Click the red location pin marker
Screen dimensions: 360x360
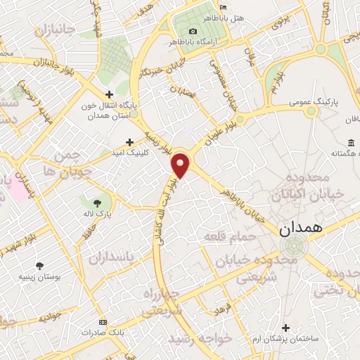(x=181, y=165)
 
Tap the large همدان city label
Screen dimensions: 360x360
(x=300, y=228)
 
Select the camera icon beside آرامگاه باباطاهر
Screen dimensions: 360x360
(x=193, y=31)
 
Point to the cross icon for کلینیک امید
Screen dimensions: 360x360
(x=129, y=143)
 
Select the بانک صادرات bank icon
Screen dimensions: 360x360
(x=104, y=331)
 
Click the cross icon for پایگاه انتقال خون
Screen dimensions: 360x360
(x=108, y=94)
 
